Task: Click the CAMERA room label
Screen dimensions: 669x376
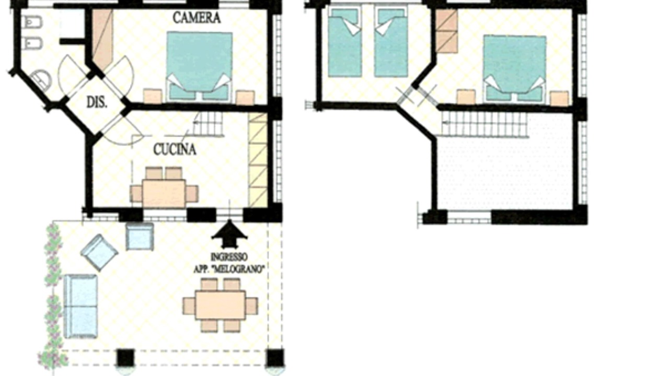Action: [197, 18]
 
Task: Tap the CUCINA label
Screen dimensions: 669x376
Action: [175, 149]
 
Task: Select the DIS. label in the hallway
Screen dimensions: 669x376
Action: [97, 103]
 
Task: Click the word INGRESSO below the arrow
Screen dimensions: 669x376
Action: [229, 257]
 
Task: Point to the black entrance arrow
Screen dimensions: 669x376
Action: [229, 234]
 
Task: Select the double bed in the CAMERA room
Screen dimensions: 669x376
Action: [199, 66]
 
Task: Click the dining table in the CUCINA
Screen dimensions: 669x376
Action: [164, 193]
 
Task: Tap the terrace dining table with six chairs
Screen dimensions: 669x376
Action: [221, 305]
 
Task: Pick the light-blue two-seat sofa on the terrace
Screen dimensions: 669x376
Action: [80, 307]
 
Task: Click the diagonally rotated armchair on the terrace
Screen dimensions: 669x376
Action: [99, 252]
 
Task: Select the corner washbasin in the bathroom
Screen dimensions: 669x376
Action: [42, 79]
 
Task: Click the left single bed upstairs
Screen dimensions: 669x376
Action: [344, 42]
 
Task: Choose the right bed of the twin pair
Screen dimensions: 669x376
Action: [391, 42]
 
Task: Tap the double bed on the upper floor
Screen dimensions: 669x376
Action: [515, 69]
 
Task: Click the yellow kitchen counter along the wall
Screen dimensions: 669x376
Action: [258, 160]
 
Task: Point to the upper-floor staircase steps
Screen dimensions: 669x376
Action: [484, 124]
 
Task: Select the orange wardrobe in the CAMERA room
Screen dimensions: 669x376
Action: [102, 39]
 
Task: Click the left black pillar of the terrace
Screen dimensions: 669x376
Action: [125, 358]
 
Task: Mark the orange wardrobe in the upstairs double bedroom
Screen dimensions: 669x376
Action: [446, 31]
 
